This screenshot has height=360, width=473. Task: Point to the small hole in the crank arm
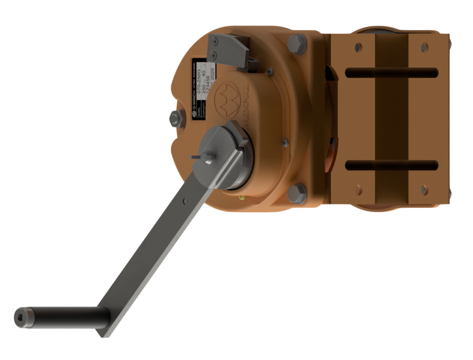coord(185,201)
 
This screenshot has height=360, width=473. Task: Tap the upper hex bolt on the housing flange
coord(297,44)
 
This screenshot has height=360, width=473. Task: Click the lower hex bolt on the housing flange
coord(297,193)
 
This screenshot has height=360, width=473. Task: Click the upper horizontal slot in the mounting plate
coord(391,72)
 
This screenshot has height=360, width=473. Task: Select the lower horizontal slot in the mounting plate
coord(391,165)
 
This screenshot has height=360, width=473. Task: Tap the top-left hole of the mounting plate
coord(358,47)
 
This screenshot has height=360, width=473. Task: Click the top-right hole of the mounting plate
coord(424,47)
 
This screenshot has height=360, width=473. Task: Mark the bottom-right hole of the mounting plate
coord(424,190)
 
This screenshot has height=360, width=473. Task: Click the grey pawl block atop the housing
coord(229,50)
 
